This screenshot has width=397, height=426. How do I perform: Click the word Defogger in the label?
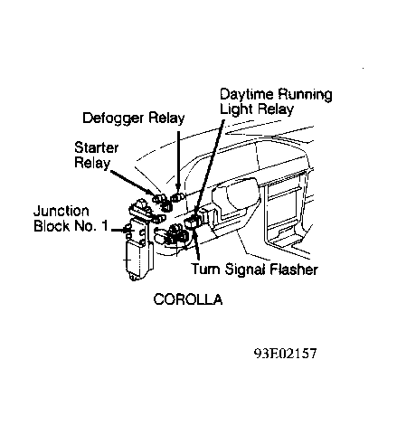pyautogui.click(x=113, y=118)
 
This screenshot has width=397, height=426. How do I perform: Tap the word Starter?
pyautogui.click(x=96, y=147)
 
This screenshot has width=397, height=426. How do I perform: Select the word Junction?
pyautogui.click(x=61, y=211)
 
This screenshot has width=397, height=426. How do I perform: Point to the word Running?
pyautogui.click(x=305, y=95)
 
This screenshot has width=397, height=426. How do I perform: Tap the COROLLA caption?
pyautogui.click(x=188, y=299)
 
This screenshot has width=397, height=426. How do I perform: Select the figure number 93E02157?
pyautogui.click(x=286, y=353)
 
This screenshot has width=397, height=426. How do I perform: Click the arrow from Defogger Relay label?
pyautogui.click(x=178, y=165)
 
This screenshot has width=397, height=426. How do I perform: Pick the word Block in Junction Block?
pyautogui.click(x=52, y=226)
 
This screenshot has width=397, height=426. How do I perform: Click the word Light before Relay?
pyautogui.click(x=237, y=109)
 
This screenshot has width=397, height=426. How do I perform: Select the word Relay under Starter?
pyautogui.click(x=92, y=163)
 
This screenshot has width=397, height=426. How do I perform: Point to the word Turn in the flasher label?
pyautogui.click(x=206, y=270)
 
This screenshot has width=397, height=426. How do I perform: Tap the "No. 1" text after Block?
pyautogui.click(x=90, y=226)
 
